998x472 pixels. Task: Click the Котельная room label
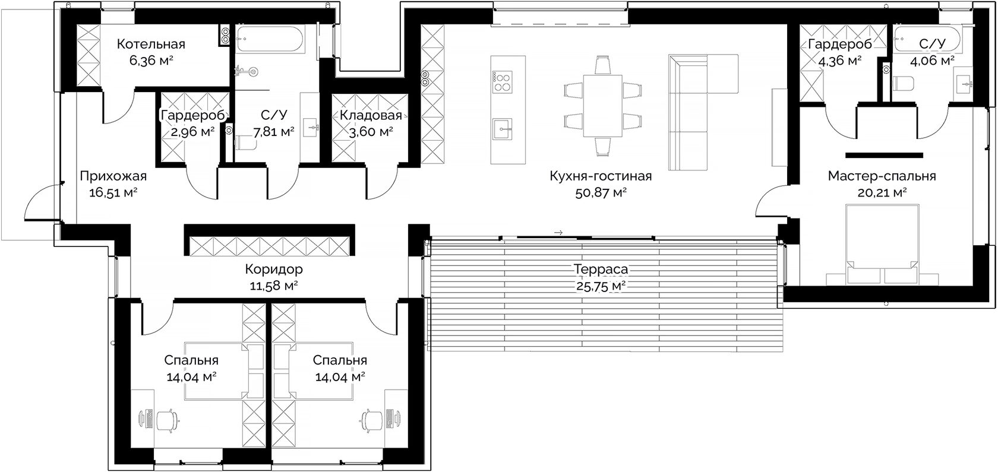(151, 44)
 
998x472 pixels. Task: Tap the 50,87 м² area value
(601, 193)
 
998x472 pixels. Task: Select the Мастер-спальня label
(882, 176)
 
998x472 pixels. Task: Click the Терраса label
(601, 269)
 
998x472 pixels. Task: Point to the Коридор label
(274, 269)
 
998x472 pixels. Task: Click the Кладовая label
(371, 115)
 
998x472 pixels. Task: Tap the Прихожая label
(113, 176)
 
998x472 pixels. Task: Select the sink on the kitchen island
(502, 129)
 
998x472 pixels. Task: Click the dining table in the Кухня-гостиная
(602, 106)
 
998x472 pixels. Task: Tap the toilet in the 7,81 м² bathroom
(245, 143)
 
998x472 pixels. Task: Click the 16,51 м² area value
(113, 193)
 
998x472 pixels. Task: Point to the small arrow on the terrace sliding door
(558, 233)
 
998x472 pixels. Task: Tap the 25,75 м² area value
(601, 286)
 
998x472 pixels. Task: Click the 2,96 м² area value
(192, 132)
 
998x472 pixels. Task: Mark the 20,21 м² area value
(882, 193)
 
